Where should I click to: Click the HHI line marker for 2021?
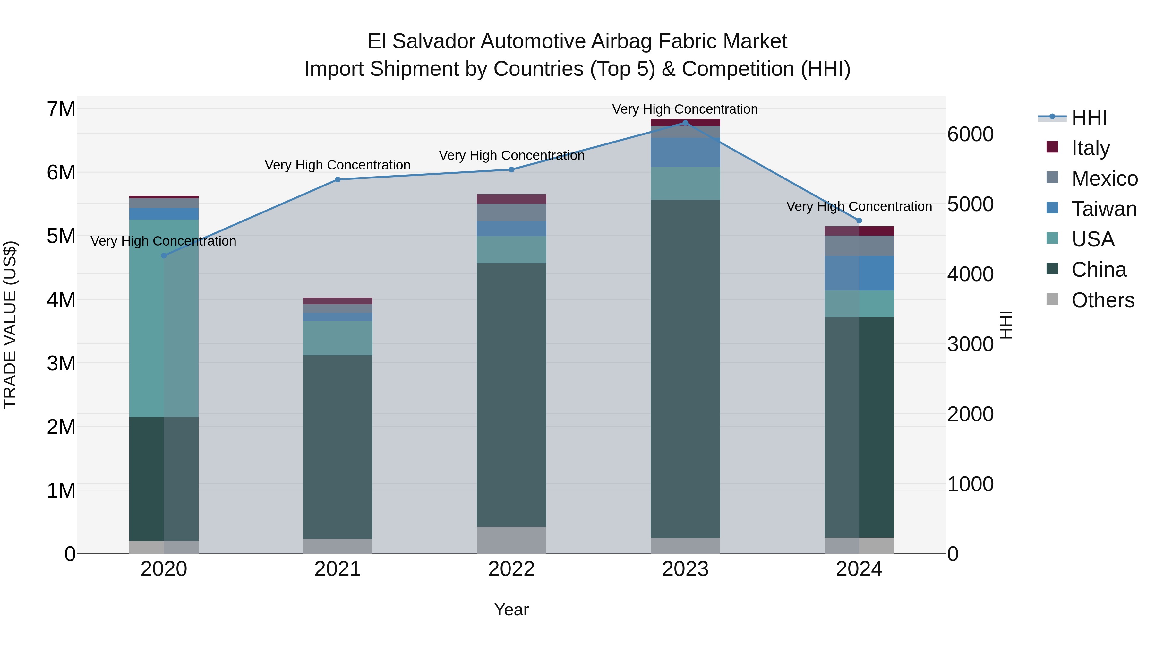coord(338,179)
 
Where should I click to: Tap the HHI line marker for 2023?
coord(685,123)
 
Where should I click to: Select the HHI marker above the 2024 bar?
coord(859,221)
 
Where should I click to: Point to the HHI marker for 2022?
coord(512,169)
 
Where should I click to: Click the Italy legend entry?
coord(1091,148)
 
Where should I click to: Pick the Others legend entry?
coord(1102,300)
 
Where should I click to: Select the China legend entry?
coord(1099,270)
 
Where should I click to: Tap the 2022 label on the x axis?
coord(512,569)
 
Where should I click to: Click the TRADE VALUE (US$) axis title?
coord(10,325)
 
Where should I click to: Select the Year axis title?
coord(512,610)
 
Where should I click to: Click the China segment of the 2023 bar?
coord(685,368)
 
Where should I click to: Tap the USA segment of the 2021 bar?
coord(338,338)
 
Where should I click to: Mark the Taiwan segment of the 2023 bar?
coord(685,152)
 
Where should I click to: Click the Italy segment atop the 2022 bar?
coord(512,199)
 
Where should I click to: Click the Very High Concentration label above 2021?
coord(338,165)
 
